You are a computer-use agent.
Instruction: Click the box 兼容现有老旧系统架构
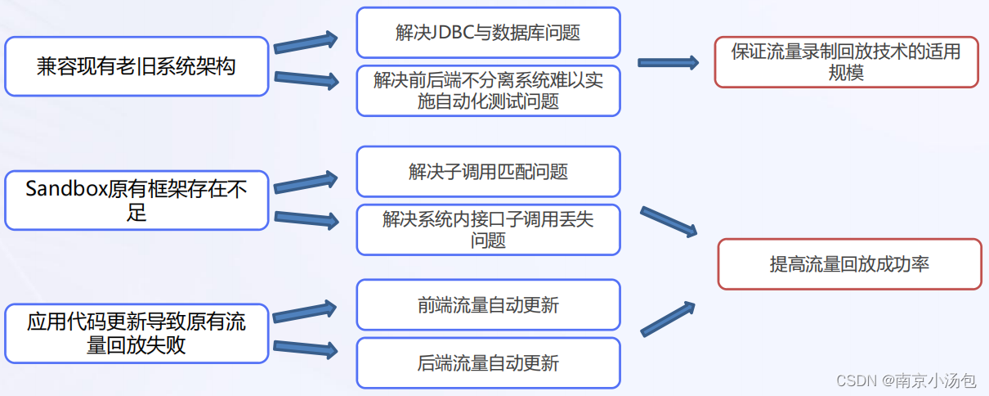tap(136, 66)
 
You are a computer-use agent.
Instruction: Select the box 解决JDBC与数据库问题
tap(488, 33)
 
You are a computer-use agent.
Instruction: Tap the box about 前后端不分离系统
tap(488, 91)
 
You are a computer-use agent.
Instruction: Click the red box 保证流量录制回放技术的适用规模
tap(846, 62)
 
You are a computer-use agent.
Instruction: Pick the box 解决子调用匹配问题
tap(488, 172)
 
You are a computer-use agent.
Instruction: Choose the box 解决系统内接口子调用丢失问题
tap(488, 230)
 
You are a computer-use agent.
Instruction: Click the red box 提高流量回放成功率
tap(849, 264)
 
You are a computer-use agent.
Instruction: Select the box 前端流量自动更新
tap(488, 305)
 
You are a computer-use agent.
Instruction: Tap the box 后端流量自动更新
tap(488, 362)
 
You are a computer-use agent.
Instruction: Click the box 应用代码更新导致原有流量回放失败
tap(136, 333)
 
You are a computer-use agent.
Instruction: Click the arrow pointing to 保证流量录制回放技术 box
tap(668, 62)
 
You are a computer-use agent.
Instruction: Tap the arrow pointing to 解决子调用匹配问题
tap(306, 182)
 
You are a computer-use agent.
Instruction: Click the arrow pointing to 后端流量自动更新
tap(306, 349)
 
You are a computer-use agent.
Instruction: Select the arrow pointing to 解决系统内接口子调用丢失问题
tap(306, 218)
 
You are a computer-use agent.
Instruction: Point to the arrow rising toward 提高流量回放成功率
tap(668, 318)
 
